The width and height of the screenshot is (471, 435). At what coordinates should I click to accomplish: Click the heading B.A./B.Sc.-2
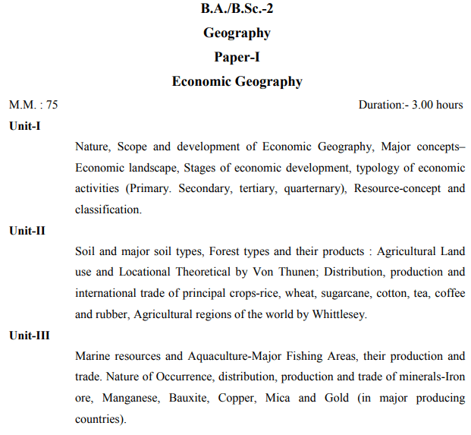237,9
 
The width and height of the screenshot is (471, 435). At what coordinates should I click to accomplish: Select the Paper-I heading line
237,57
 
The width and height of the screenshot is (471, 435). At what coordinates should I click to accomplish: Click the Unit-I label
25,126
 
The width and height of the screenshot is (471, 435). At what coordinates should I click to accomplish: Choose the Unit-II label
27,231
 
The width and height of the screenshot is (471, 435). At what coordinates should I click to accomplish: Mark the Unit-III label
30,336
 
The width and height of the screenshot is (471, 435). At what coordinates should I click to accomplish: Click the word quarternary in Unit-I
314,188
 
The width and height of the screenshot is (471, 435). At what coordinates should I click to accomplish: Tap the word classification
108,210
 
